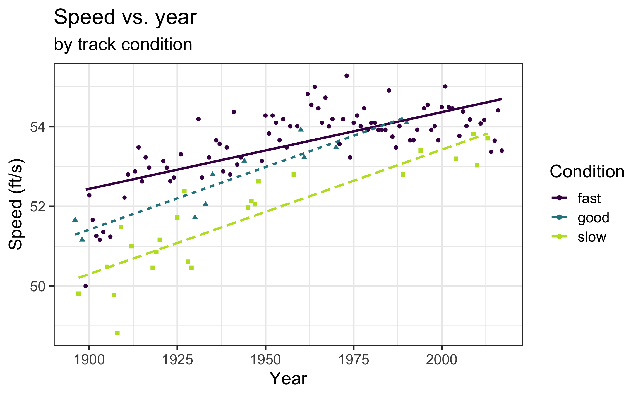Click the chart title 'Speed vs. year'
(125, 17)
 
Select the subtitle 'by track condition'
(123, 44)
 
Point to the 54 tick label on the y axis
(37, 127)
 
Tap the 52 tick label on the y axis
(37, 207)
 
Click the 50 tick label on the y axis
(37, 287)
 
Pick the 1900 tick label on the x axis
(89, 360)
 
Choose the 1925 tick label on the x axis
(177, 360)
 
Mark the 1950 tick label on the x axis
(265, 360)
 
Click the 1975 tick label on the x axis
(354, 360)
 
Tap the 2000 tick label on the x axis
(442, 360)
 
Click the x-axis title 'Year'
(288, 379)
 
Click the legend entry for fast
(589, 198)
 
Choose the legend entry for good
(593, 218)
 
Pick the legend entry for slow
(592, 237)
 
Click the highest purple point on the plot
(347, 76)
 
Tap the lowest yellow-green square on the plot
(117, 333)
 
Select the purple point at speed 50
(86, 286)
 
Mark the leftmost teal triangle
(75, 219)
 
